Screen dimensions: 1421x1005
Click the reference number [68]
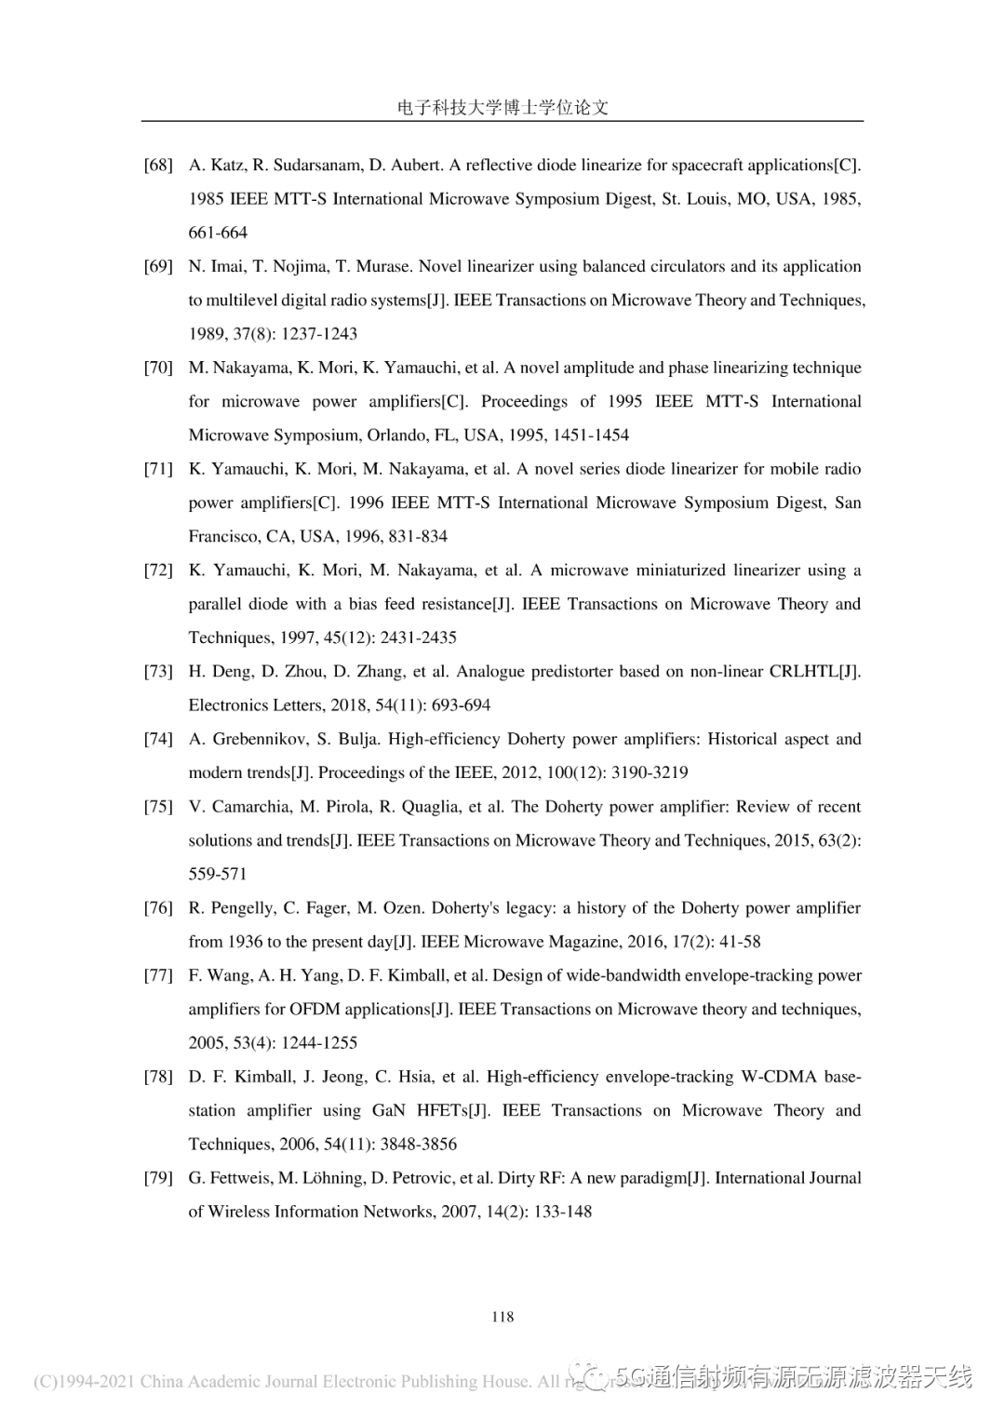tap(158, 166)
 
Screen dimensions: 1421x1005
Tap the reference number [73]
tap(158, 672)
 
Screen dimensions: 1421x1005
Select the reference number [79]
tap(158, 1178)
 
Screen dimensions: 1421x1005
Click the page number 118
tap(502, 1317)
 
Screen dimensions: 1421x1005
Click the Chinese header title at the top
tap(502, 107)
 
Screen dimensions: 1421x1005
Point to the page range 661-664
tap(218, 233)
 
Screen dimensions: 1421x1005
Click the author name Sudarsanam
tap(316, 166)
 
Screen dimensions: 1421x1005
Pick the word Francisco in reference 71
tap(224, 537)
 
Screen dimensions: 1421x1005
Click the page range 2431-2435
tap(418, 638)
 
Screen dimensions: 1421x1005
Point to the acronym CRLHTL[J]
tap(814, 672)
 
